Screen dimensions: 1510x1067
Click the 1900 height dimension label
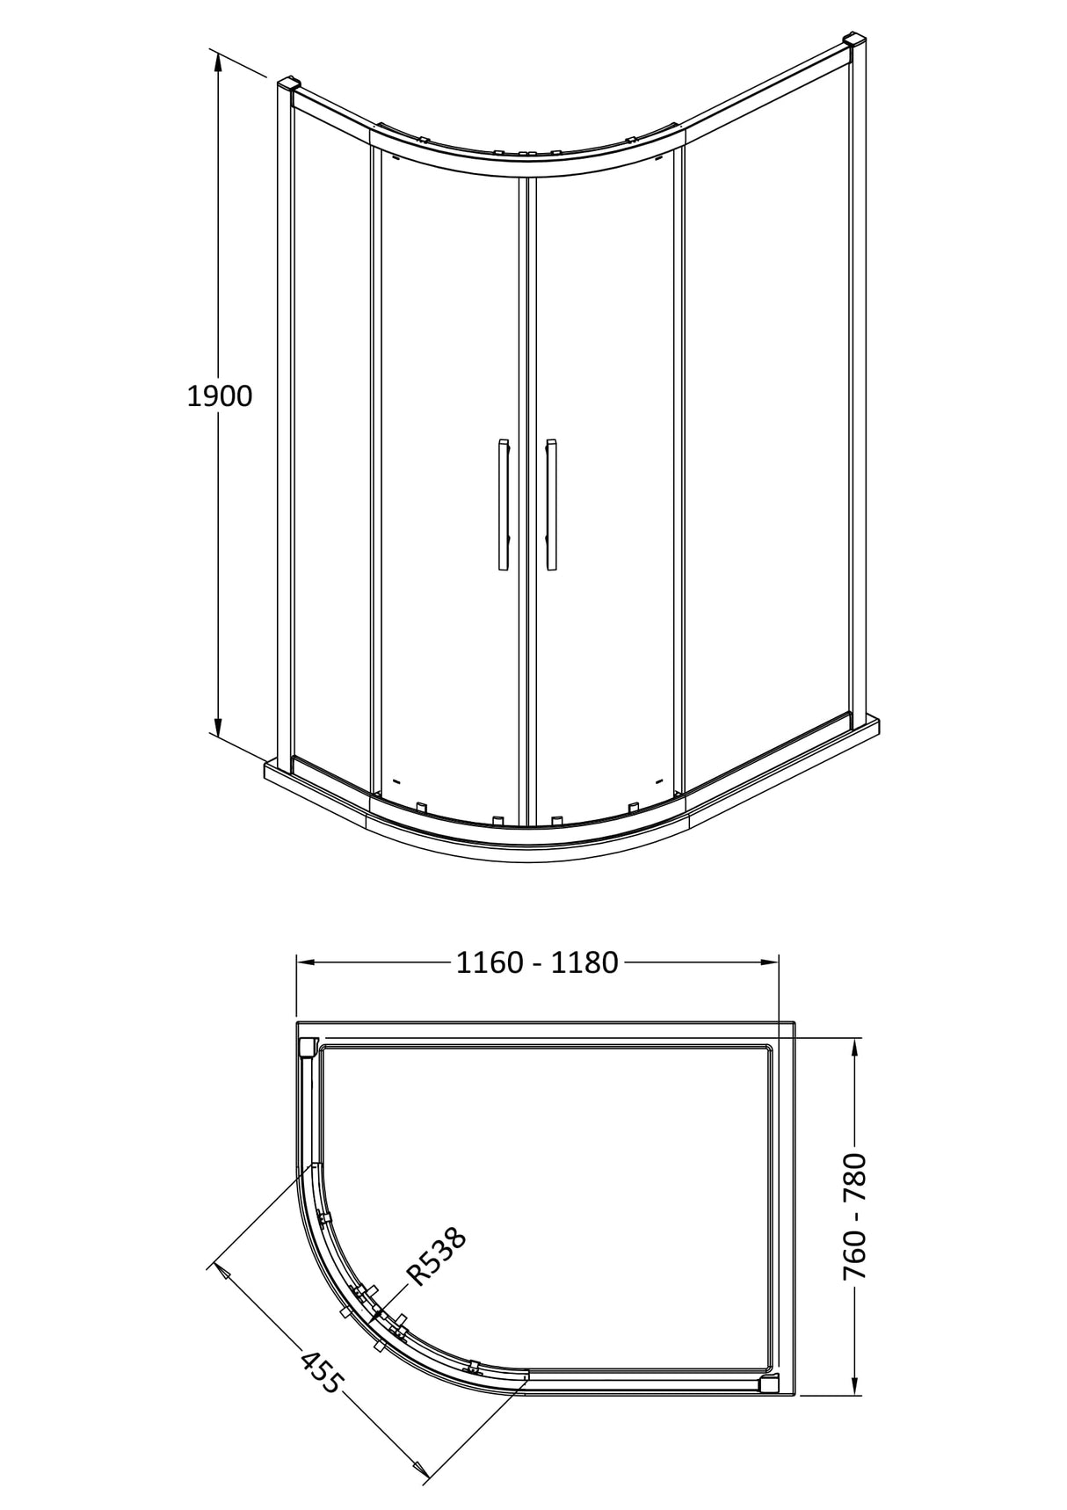point(220,396)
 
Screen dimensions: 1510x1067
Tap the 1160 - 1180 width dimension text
point(537,962)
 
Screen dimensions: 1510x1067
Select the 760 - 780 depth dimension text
point(855,1216)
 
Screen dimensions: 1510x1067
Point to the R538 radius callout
point(436,1258)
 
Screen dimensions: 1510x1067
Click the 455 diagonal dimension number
point(320,1372)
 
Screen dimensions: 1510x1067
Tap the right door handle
point(551,505)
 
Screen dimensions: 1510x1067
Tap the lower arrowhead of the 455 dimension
point(423,1469)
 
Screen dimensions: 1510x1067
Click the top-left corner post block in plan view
point(308,1048)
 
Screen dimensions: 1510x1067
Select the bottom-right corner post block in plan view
point(768,1385)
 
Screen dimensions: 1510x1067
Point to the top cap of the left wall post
point(290,86)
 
